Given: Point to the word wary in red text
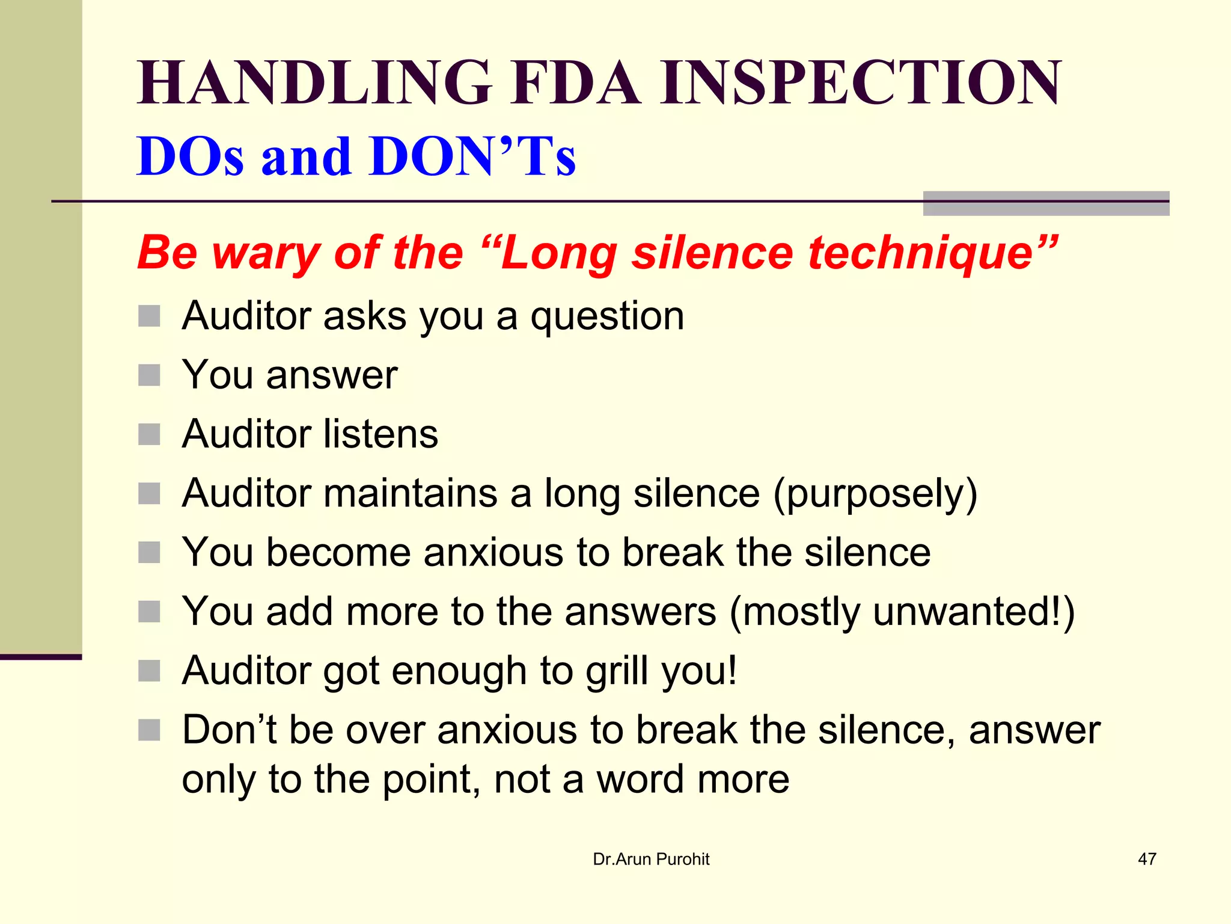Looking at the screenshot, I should (265, 253).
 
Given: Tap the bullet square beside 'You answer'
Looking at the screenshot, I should (149, 375).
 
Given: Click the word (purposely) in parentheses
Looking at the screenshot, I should (875, 493).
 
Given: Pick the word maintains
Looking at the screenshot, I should (411, 493).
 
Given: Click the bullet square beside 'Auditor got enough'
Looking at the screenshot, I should (149, 671).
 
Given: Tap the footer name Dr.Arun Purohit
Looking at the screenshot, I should (651, 859).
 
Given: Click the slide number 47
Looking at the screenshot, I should (1147, 859).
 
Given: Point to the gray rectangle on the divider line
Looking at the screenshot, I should (1046, 203).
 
